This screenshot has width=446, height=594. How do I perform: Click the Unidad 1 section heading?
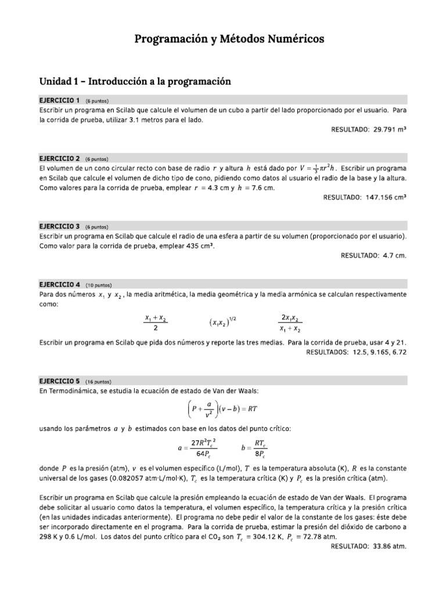[135, 82]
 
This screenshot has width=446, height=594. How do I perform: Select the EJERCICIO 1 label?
[59, 100]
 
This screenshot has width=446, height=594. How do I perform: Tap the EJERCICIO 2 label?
[59, 158]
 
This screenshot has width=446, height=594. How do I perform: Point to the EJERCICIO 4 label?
[59, 285]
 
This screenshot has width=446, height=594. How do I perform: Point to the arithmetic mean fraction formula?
[155, 323]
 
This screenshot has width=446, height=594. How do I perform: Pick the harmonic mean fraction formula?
[290, 323]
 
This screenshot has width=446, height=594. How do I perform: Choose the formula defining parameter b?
[254, 448]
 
